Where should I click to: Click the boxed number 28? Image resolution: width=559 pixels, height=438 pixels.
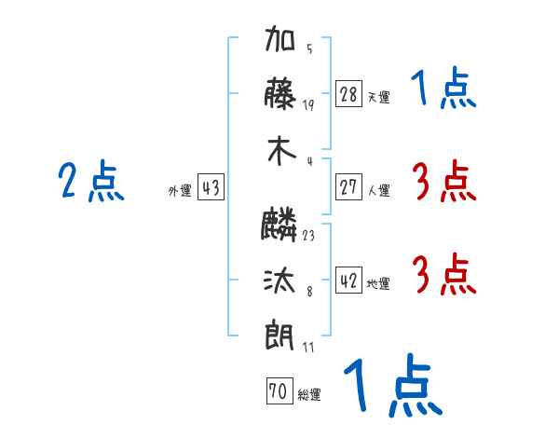tap(348, 94)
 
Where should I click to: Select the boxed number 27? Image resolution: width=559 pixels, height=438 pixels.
tap(348, 187)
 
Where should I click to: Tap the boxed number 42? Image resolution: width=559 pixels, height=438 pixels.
tap(348, 281)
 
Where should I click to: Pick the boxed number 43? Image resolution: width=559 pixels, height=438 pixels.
tap(211, 188)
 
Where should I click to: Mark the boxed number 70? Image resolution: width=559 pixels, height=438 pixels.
tap(278, 391)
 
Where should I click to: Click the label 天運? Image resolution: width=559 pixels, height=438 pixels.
tap(378, 97)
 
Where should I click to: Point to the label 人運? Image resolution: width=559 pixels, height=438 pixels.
tap(378, 191)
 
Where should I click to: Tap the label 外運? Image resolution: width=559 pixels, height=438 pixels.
tap(180, 191)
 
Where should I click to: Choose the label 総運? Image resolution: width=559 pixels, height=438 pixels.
tap(309, 395)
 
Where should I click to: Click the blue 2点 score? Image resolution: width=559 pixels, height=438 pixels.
tap(91, 181)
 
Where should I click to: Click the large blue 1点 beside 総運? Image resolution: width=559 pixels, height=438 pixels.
tap(390, 385)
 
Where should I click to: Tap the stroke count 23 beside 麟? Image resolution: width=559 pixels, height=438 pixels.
tap(308, 236)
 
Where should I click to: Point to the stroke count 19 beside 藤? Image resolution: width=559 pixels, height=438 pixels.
tap(308, 104)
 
